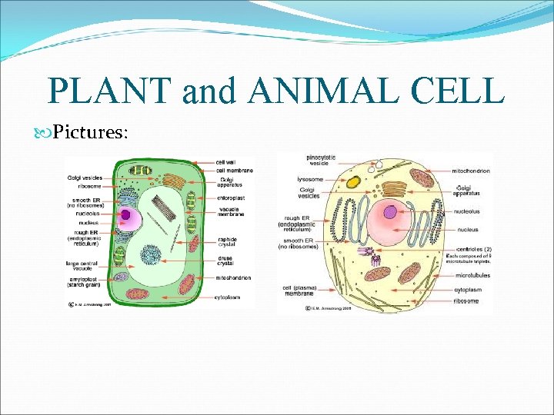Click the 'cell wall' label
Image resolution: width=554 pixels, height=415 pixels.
point(225,162)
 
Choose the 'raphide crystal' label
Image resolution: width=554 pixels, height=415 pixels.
point(227,242)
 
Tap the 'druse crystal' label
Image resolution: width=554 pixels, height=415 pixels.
point(225,261)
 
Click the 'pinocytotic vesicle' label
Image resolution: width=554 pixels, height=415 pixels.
point(319,161)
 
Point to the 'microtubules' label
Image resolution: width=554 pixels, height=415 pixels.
point(472,274)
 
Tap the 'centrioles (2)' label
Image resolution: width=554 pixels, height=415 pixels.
point(470,249)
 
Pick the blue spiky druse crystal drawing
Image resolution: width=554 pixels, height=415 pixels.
point(150,254)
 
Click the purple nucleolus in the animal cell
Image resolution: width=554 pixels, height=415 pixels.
point(390,212)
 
